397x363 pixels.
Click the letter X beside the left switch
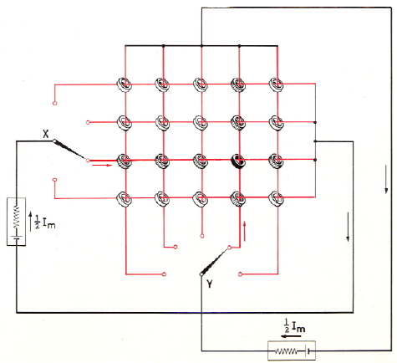pyautogui.click(x=46, y=134)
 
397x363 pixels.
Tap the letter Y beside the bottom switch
pyautogui.click(x=210, y=284)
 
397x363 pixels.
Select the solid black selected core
pyautogui.click(x=238, y=161)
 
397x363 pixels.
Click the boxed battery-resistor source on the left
pyautogui.click(x=17, y=222)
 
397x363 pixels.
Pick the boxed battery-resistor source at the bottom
pyautogui.click(x=292, y=350)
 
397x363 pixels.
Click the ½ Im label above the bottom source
pyautogui.click(x=294, y=325)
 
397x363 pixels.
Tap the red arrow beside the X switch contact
pyautogui.click(x=102, y=166)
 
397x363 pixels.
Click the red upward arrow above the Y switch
pyautogui.click(x=245, y=231)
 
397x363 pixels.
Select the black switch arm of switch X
pyautogui.click(x=70, y=150)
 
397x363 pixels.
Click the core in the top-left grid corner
pyautogui.click(x=124, y=84)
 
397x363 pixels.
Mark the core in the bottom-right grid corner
pyautogui.click(x=277, y=198)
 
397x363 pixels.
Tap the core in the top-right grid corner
pyautogui.click(x=277, y=84)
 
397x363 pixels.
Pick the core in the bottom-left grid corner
pyautogui.click(x=124, y=198)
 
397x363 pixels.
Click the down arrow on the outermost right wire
pyautogui.click(x=386, y=179)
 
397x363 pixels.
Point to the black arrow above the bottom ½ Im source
pyautogui.click(x=291, y=336)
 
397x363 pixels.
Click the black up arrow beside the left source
pyautogui.click(x=31, y=222)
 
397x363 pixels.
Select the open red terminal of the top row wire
pyautogui.click(x=54, y=104)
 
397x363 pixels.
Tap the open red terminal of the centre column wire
pyautogui.click(x=202, y=236)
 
